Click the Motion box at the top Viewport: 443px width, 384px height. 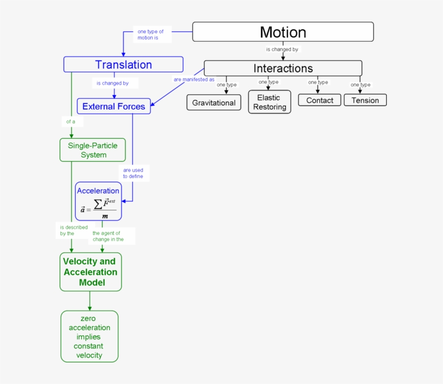pyautogui.click(x=283, y=32)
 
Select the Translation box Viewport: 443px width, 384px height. pyautogui.click(x=123, y=65)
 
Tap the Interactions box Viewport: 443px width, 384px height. pyautogui.click(x=283, y=68)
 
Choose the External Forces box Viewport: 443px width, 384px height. pyautogui.click(x=113, y=106)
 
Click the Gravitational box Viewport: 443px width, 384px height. pyautogui.click(x=214, y=102)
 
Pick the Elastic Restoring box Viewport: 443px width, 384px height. pyautogui.click(x=270, y=102)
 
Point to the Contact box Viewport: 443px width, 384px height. pyautogui.click(x=319, y=100)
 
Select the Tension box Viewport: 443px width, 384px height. pyautogui.click(x=365, y=100)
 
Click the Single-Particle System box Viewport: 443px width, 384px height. pyautogui.click(x=92, y=150)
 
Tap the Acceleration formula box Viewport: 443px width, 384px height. pyautogui.click(x=98, y=201)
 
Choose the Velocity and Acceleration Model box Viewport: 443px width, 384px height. pyautogui.click(x=90, y=272)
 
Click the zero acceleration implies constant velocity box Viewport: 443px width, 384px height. pyautogui.click(x=89, y=337)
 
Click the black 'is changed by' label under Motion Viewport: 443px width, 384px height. pyautogui.click(x=282, y=50)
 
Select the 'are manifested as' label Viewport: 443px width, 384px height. pyautogui.click(x=194, y=79)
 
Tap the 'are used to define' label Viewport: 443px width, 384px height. pyautogui.click(x=133, y=173)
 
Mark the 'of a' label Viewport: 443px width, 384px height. pyautogui.click(x=71, y=121)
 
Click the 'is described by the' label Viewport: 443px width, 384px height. pyautogui.click(x=73, y=230)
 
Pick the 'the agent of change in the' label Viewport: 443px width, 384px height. pyautogui.click(x=108, y=236)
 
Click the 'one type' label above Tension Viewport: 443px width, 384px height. pyautogui.click(x=360, y=85)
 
